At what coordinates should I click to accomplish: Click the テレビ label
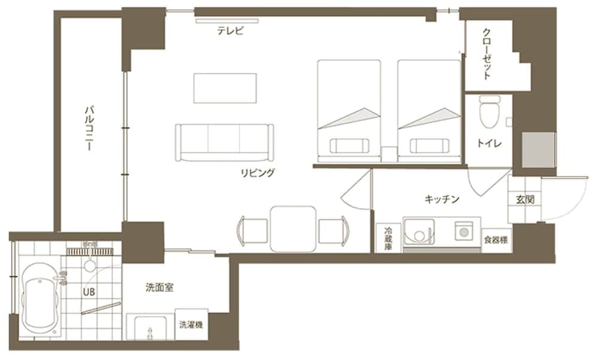(x=230, y=32)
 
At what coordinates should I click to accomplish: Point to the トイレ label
(x=489, y=144)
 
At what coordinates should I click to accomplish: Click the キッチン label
(x=441, y=200)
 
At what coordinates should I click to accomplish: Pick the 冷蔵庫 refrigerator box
(x=388, y=238)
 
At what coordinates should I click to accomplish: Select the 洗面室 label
(x=160, y=288)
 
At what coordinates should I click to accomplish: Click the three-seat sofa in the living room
(x=225, y=142)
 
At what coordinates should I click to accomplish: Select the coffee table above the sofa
(x=225, y=87)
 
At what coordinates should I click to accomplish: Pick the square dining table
(x=292, y=228)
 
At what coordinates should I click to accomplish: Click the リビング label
(x=258, y=173)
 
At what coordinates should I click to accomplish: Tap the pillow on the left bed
(x=349, y=145)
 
